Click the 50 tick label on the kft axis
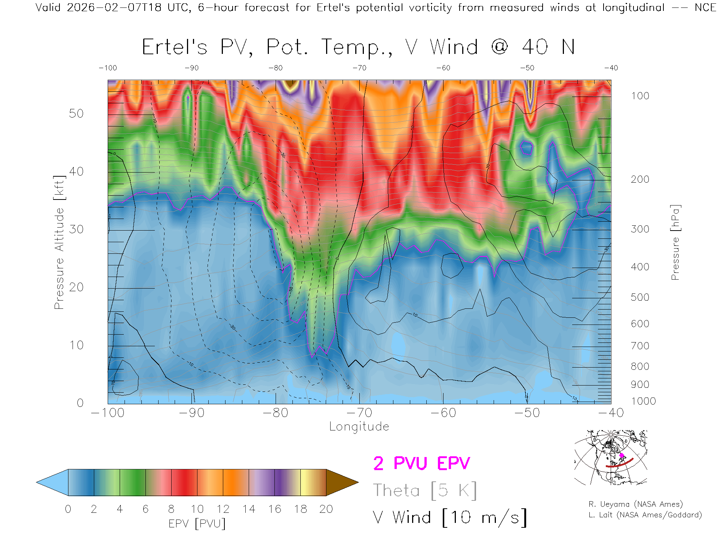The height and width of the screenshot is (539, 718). pos(76,113)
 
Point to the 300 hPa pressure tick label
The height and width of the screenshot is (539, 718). pos(640,229)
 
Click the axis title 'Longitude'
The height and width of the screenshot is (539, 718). pos(359,427)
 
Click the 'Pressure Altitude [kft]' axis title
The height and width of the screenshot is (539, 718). pos(59,242)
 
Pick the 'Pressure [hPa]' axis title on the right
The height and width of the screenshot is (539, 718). pos(675,242)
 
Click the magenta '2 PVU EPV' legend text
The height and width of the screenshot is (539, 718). pos(421,463)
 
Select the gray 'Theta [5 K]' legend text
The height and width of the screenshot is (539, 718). pos(425,490)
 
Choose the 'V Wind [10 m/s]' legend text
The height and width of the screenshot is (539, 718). pos(450,518)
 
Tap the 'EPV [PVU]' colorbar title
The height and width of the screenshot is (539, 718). pos(197,524)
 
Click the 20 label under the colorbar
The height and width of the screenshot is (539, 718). pos(326,509)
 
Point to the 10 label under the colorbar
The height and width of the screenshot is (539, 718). pos(197,509)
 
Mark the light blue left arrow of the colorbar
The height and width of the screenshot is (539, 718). pos(52,482)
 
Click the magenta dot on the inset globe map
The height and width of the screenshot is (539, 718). pos(622,456)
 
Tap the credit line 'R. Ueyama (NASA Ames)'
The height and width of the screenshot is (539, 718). pos(636,504)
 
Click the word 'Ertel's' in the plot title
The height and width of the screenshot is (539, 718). pos(175,48)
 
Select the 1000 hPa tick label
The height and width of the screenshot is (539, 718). pos(643,401)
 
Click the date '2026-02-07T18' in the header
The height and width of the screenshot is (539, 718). pos(114,7)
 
